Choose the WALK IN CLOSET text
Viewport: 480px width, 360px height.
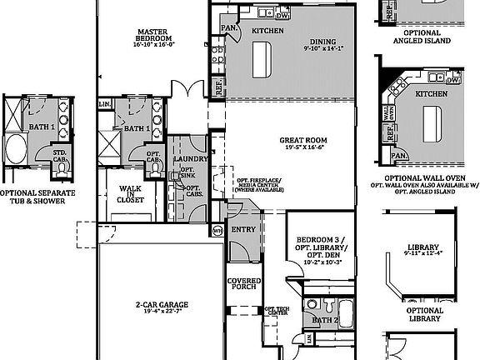tap(131, 194)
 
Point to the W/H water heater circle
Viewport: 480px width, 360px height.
tap(217, 230)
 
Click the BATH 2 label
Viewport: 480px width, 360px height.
tap(325, 319)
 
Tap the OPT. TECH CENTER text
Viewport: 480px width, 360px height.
tap(277, 311)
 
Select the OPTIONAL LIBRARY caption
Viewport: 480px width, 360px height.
tap(424, 313)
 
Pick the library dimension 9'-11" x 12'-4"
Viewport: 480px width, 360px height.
tap(424, 254)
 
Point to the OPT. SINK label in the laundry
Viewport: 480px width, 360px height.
tap(187, 172)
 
